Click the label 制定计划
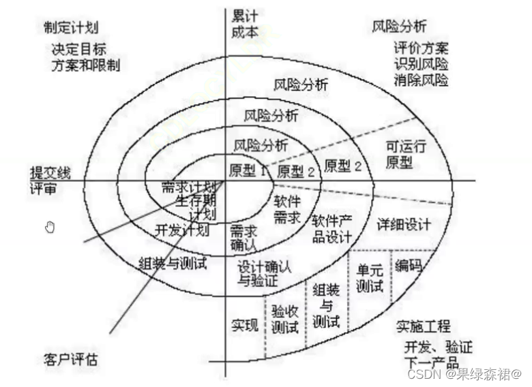pos(70,27)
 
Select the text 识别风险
pos(421,64)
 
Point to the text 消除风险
pos(421,80)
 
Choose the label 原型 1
pos(248,171)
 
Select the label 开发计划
pos(181,230)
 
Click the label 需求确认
pos(243,236)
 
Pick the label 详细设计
pos(404,224)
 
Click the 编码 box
pos(409,266)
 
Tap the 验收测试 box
pos(284,320)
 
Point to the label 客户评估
pos(69,358)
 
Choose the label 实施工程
pos(423,327)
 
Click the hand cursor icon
pos(49,228)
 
